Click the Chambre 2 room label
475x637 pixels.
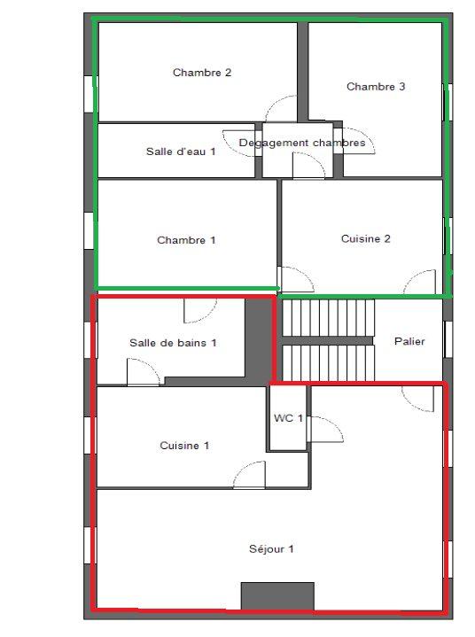coord(202,73)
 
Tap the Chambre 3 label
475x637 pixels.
coord(376,87)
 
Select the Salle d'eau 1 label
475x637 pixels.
coord(181,151)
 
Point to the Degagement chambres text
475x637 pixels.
coord(301,143)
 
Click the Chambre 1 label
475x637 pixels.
coord(186,240)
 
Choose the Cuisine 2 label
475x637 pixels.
coord(365,238)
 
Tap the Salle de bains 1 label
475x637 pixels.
coord(173,342)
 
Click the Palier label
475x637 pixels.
coord(409,341)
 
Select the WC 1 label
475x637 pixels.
coord(288,418)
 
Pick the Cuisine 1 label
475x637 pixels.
coord(184,446)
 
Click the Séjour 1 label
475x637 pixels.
coord(271,549)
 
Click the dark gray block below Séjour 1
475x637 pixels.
coord(277,595)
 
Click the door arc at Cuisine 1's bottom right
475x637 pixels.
coord(250,475)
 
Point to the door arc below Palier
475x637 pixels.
coord(417,399)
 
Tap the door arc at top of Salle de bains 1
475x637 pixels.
coord(199,310)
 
